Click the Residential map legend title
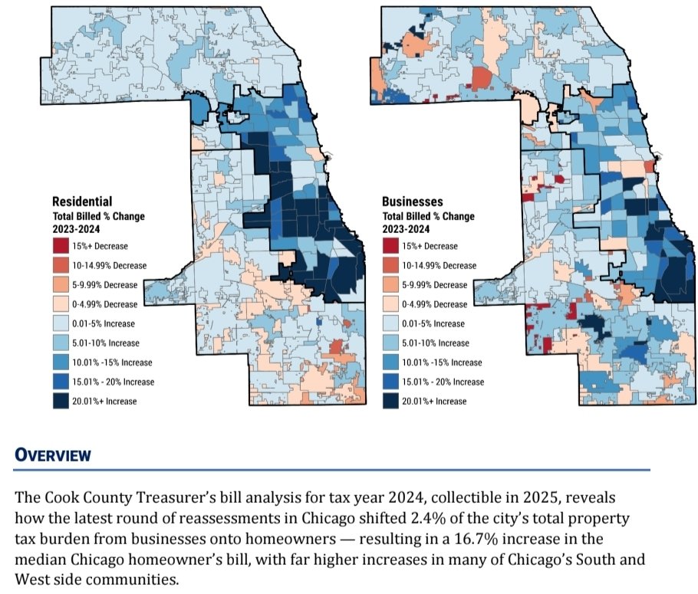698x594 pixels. click(x=82, y=202)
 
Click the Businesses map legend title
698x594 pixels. click(x=412, y=202)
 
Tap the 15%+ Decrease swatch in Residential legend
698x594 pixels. click(x=61, y=246)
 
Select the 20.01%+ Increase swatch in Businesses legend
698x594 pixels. click(x=390, y=401)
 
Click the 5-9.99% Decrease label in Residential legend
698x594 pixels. click(x=104, y=285)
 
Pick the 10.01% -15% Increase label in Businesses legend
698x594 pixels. click(x=442, y=363)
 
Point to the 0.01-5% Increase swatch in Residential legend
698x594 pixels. click(x=61, y=323)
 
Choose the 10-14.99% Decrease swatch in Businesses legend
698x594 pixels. click(x=390, y=266)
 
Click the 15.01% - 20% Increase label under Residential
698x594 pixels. click(x=113, y=382)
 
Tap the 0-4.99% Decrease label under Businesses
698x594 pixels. click(x=434, y=304)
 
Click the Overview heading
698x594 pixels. click(x=52, y=455)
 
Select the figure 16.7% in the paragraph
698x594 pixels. click(x=476, y=539)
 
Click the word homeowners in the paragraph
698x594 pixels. click(x=290, y=539)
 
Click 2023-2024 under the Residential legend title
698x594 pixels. click(x=76, y=229)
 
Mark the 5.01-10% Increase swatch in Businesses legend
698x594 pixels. click(x=390, y=343)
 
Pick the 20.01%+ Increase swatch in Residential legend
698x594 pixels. click(x=61, y=401)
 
